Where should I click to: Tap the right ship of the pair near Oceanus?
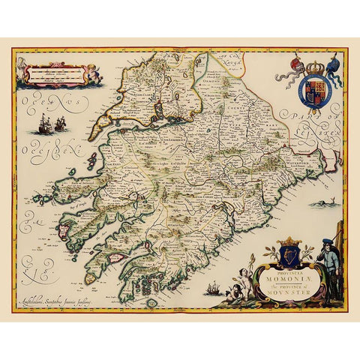pos(58,124)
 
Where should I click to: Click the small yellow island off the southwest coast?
pos(90,278)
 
